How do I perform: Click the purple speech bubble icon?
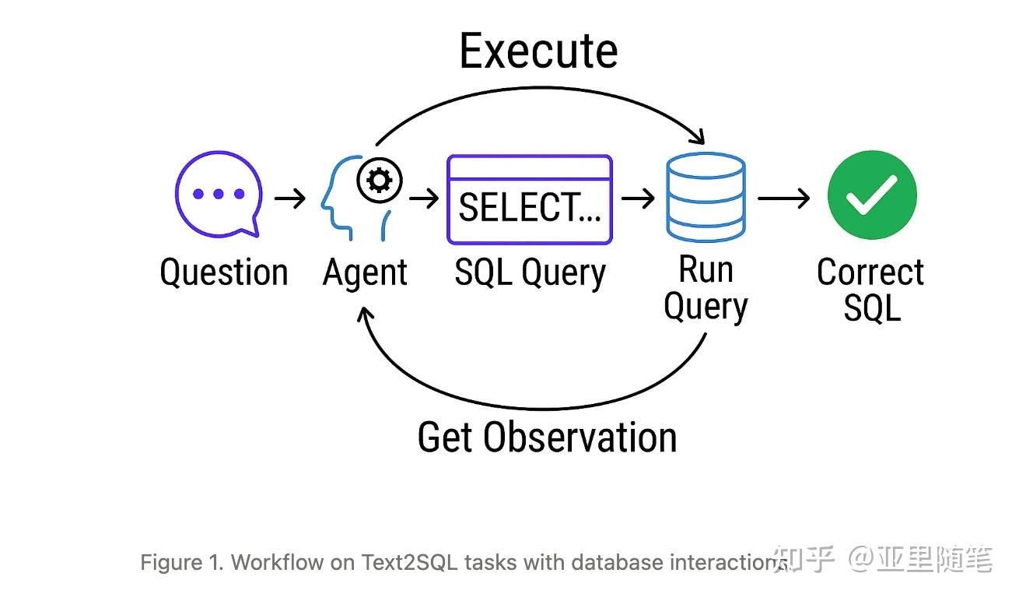pos(219,195)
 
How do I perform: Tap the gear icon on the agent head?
pos(380,180)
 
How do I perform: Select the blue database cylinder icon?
pos(706,197)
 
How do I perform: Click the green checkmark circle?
pos(872,195)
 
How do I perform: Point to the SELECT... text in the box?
pos(530,207)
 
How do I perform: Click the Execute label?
pos(538,51)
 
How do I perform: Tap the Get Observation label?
pos(548,437)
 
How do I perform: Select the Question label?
pos(224,272)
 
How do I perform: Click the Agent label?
pos(364,273)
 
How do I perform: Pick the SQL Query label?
pos(530,273)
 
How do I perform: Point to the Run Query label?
pos(706,289)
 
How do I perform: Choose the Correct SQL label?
pos(870,290)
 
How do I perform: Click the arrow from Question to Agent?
pos(290,199)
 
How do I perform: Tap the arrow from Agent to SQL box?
pos(424,199)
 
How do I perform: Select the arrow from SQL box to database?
pos(638,199)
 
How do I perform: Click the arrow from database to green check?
pos(783,199)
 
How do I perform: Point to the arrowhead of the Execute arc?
pos(699,136)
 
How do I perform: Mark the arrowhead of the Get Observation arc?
pos(365,315)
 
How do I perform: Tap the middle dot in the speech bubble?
pos(219,194)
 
